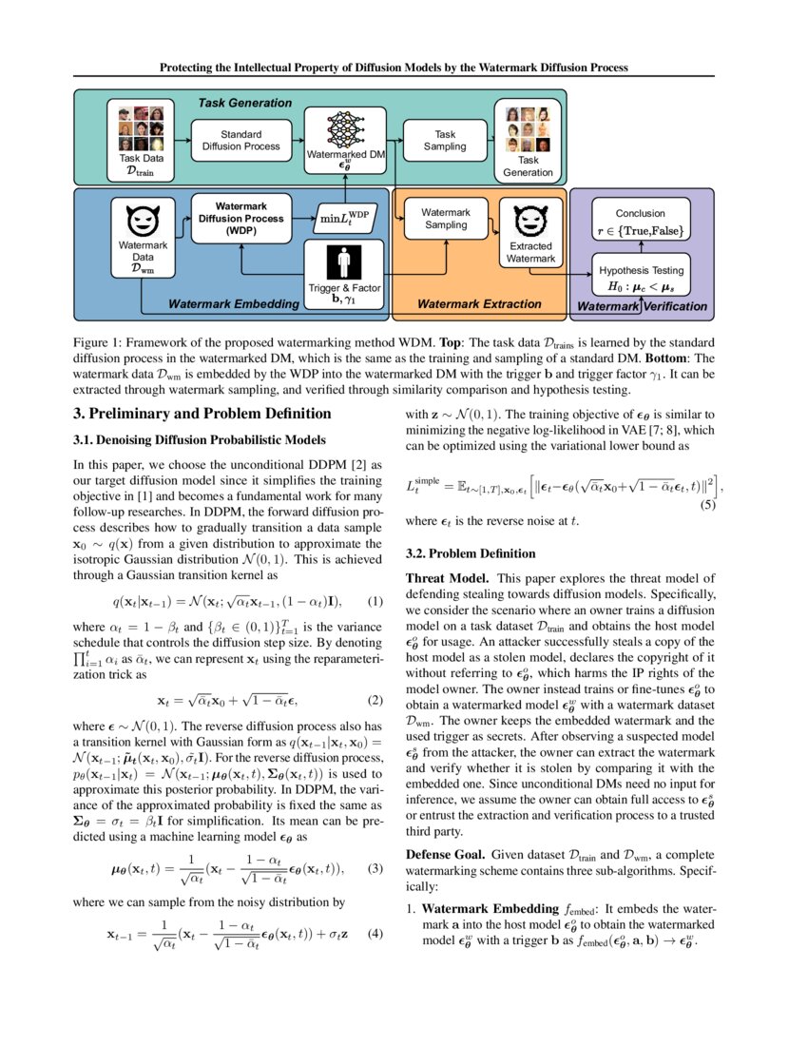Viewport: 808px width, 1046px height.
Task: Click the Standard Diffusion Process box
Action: [241, 141]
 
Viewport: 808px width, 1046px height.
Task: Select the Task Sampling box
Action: [445, 141]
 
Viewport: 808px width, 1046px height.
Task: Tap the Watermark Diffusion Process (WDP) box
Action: [241, 218]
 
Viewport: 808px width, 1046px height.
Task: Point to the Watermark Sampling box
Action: [445, 219]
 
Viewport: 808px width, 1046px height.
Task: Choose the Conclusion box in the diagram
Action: [641, 220]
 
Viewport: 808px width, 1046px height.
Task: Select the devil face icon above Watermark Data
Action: [142, 223]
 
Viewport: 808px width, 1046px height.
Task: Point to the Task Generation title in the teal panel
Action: [244, 103]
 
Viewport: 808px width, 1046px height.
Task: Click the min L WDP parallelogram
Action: [345, 218]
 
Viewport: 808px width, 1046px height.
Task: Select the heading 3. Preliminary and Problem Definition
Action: [202, 414]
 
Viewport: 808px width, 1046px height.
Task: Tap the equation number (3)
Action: [375, 869]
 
